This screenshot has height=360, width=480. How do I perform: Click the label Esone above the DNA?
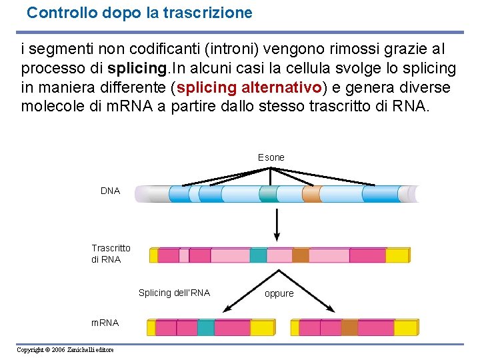(x=271, y=157)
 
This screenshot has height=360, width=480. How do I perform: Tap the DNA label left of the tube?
(x=110, y=191)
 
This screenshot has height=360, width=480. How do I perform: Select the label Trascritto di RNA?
(x=111, y=254)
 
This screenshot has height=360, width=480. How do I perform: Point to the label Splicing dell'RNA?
(x=174, y=293)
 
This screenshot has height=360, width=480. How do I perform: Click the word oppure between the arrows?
(x=279, y=293)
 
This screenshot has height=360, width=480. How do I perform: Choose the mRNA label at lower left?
(x=105, y=323)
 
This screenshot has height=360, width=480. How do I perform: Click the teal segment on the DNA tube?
(x=267, y=193)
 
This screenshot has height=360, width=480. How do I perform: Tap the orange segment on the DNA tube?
(x=311, y=193)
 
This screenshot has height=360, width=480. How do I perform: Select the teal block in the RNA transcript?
(x=258, y=255)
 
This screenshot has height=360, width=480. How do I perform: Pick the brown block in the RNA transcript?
(x=301, y=255)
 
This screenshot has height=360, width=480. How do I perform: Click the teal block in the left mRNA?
(x=205, y=327)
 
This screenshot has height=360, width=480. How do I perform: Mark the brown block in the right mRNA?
(x=349, y=327)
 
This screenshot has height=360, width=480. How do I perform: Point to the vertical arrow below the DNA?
(x=277, y=224)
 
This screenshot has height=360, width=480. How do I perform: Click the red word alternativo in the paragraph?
(x=281, y=87)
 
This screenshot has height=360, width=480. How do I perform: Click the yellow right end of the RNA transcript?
(x=397, y=255)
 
